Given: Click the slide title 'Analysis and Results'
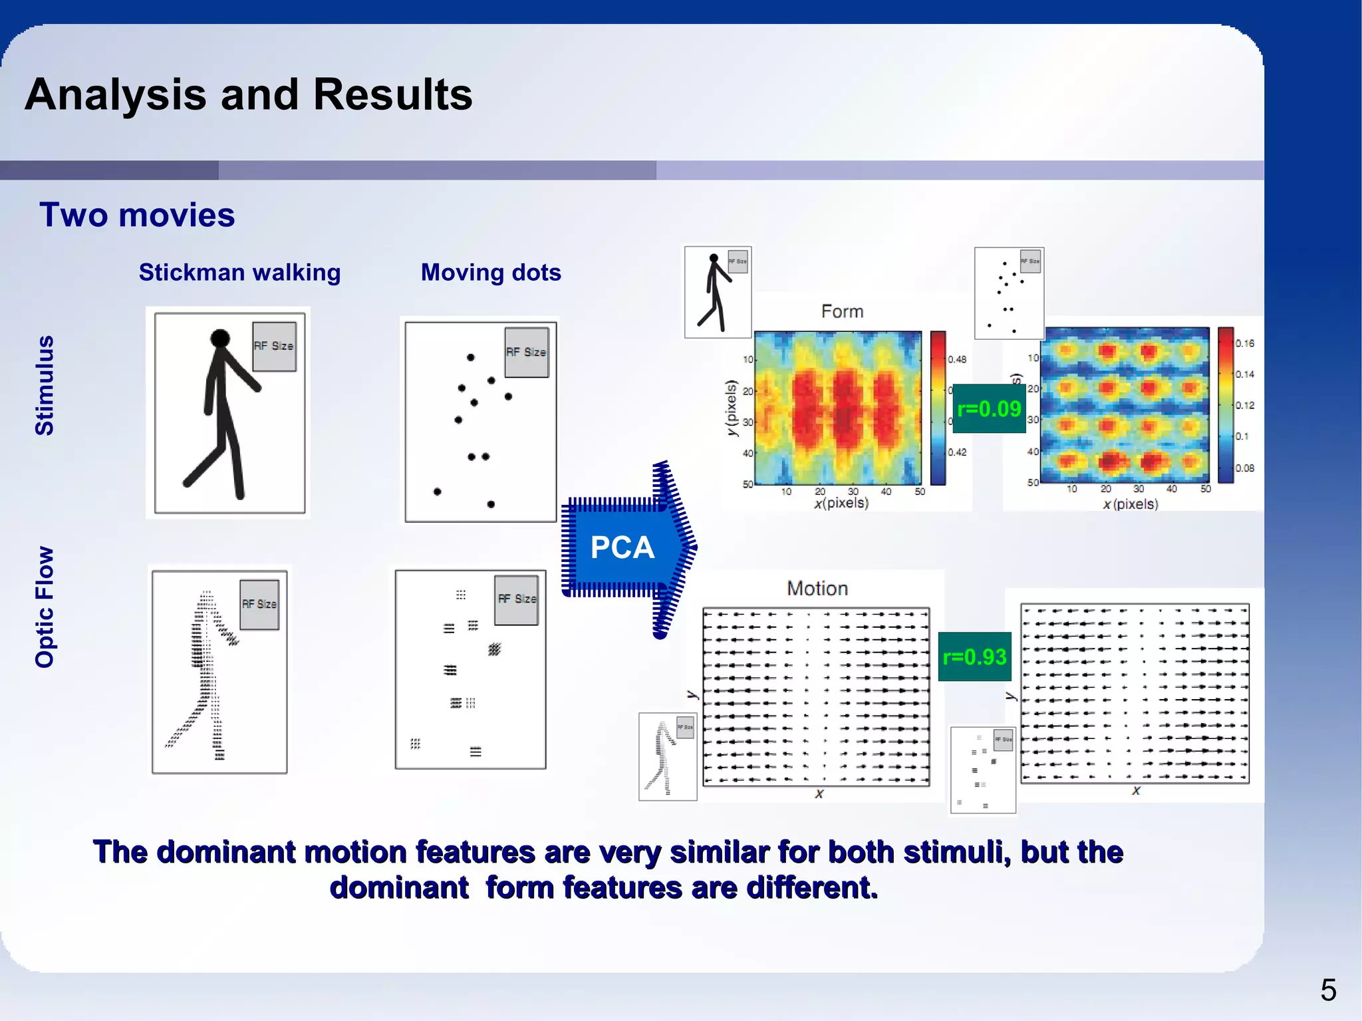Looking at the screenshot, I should (248, 94).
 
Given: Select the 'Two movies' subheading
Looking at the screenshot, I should (137, 215).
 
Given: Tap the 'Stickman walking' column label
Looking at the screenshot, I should (239, 273).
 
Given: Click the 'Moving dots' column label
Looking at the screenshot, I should (491, 273).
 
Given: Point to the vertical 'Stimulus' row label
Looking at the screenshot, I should (45, 385).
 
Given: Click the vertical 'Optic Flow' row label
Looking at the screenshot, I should (45, 607).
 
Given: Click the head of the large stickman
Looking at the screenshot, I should (220, 339).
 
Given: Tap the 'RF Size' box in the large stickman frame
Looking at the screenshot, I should (274, 346).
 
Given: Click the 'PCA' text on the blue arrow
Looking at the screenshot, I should (622, 548).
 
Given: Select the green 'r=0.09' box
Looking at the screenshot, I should (989, 408).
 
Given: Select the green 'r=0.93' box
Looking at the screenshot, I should (974, 657).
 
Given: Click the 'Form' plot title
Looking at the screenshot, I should (842, 311).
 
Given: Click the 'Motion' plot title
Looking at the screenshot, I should (817, 589).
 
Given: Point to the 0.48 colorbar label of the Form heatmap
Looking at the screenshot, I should (957, 359).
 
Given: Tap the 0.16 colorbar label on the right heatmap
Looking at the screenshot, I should (1244, 343).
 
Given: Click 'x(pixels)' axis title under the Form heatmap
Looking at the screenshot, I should (841, 503).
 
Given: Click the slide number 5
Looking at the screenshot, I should (1328, 990).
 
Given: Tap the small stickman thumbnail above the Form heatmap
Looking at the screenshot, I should (718, 293).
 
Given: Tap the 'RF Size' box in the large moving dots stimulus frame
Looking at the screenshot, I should (526, 352).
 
